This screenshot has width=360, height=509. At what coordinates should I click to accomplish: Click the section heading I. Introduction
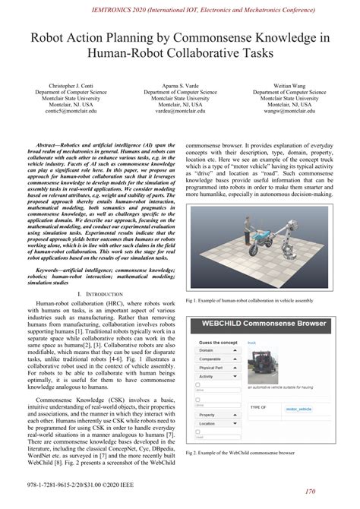pyautogui.click(x=95, y=271)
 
